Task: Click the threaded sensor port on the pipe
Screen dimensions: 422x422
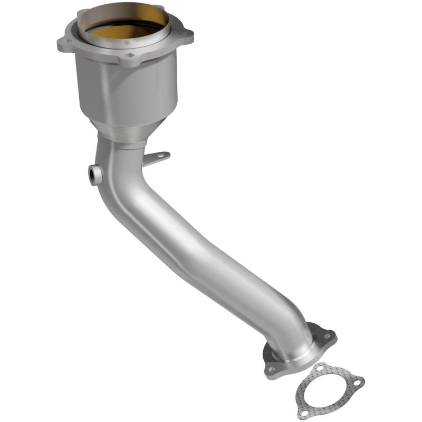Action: click(94, 175)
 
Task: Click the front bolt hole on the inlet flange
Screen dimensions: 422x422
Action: click(130, 54)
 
